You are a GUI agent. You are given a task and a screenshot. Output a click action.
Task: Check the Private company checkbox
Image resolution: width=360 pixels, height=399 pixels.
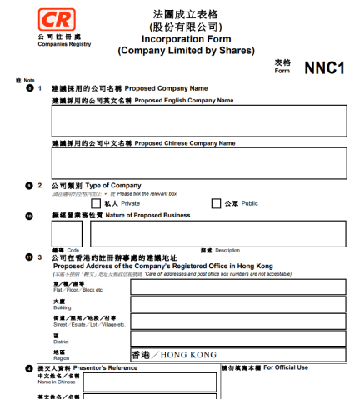click(x=96, y=202)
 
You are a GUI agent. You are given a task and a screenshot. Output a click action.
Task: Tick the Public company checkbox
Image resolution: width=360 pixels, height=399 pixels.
click(x=217, y=202)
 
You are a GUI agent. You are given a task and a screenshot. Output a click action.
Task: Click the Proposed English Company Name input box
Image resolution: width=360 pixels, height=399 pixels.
click(x=199, y=121)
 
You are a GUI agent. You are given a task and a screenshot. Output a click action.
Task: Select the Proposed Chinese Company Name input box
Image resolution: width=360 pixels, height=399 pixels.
click(x=199, y=162)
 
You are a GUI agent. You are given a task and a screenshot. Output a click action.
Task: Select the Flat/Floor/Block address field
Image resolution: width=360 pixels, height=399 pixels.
click(x=225, y=287)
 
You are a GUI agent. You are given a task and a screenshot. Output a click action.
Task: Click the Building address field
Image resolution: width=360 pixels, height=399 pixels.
click(x=225, y=304)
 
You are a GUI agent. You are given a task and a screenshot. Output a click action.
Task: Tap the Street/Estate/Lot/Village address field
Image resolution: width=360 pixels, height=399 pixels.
click(x=225, y=322)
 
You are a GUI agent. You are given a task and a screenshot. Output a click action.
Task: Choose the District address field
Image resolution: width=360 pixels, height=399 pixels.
click(x=225, y=338)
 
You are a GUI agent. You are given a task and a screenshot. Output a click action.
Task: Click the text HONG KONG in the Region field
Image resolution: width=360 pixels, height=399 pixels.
click(x=188, y=355)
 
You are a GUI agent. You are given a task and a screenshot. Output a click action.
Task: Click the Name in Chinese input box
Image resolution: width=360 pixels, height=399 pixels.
click(x=149, y=382)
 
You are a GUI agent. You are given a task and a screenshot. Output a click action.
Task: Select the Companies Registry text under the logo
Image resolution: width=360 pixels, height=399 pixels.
click(x=56, y=44)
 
